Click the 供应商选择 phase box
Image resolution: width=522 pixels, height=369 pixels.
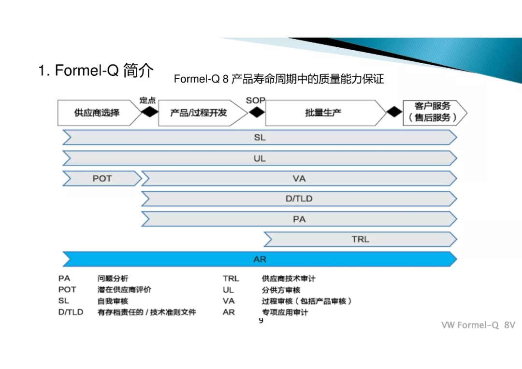97,113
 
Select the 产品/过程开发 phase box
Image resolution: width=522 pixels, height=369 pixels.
199,113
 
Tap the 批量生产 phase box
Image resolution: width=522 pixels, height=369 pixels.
323,113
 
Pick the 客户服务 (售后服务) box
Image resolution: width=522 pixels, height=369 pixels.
433,112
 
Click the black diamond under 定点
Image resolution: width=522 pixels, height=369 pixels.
150,113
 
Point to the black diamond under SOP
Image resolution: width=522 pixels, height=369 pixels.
256,113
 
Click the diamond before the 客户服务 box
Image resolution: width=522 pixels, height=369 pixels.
394,112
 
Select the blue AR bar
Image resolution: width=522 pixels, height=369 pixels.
260,259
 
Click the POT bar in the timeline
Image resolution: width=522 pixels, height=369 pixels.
102,179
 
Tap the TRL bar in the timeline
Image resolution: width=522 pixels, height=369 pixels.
360,239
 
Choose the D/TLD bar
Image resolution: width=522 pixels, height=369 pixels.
299,199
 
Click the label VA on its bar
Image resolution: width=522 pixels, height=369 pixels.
299,179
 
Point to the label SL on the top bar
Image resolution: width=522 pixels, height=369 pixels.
260,138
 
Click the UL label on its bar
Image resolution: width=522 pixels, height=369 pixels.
260,158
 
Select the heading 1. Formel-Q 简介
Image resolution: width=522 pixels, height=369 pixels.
96,71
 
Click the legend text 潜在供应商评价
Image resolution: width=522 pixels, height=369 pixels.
124,290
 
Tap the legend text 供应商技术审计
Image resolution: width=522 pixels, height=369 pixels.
289,279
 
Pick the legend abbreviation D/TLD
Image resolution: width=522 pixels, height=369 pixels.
71,312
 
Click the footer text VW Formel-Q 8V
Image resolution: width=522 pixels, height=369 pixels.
478,325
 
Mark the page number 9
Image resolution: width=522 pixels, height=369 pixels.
261,321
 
